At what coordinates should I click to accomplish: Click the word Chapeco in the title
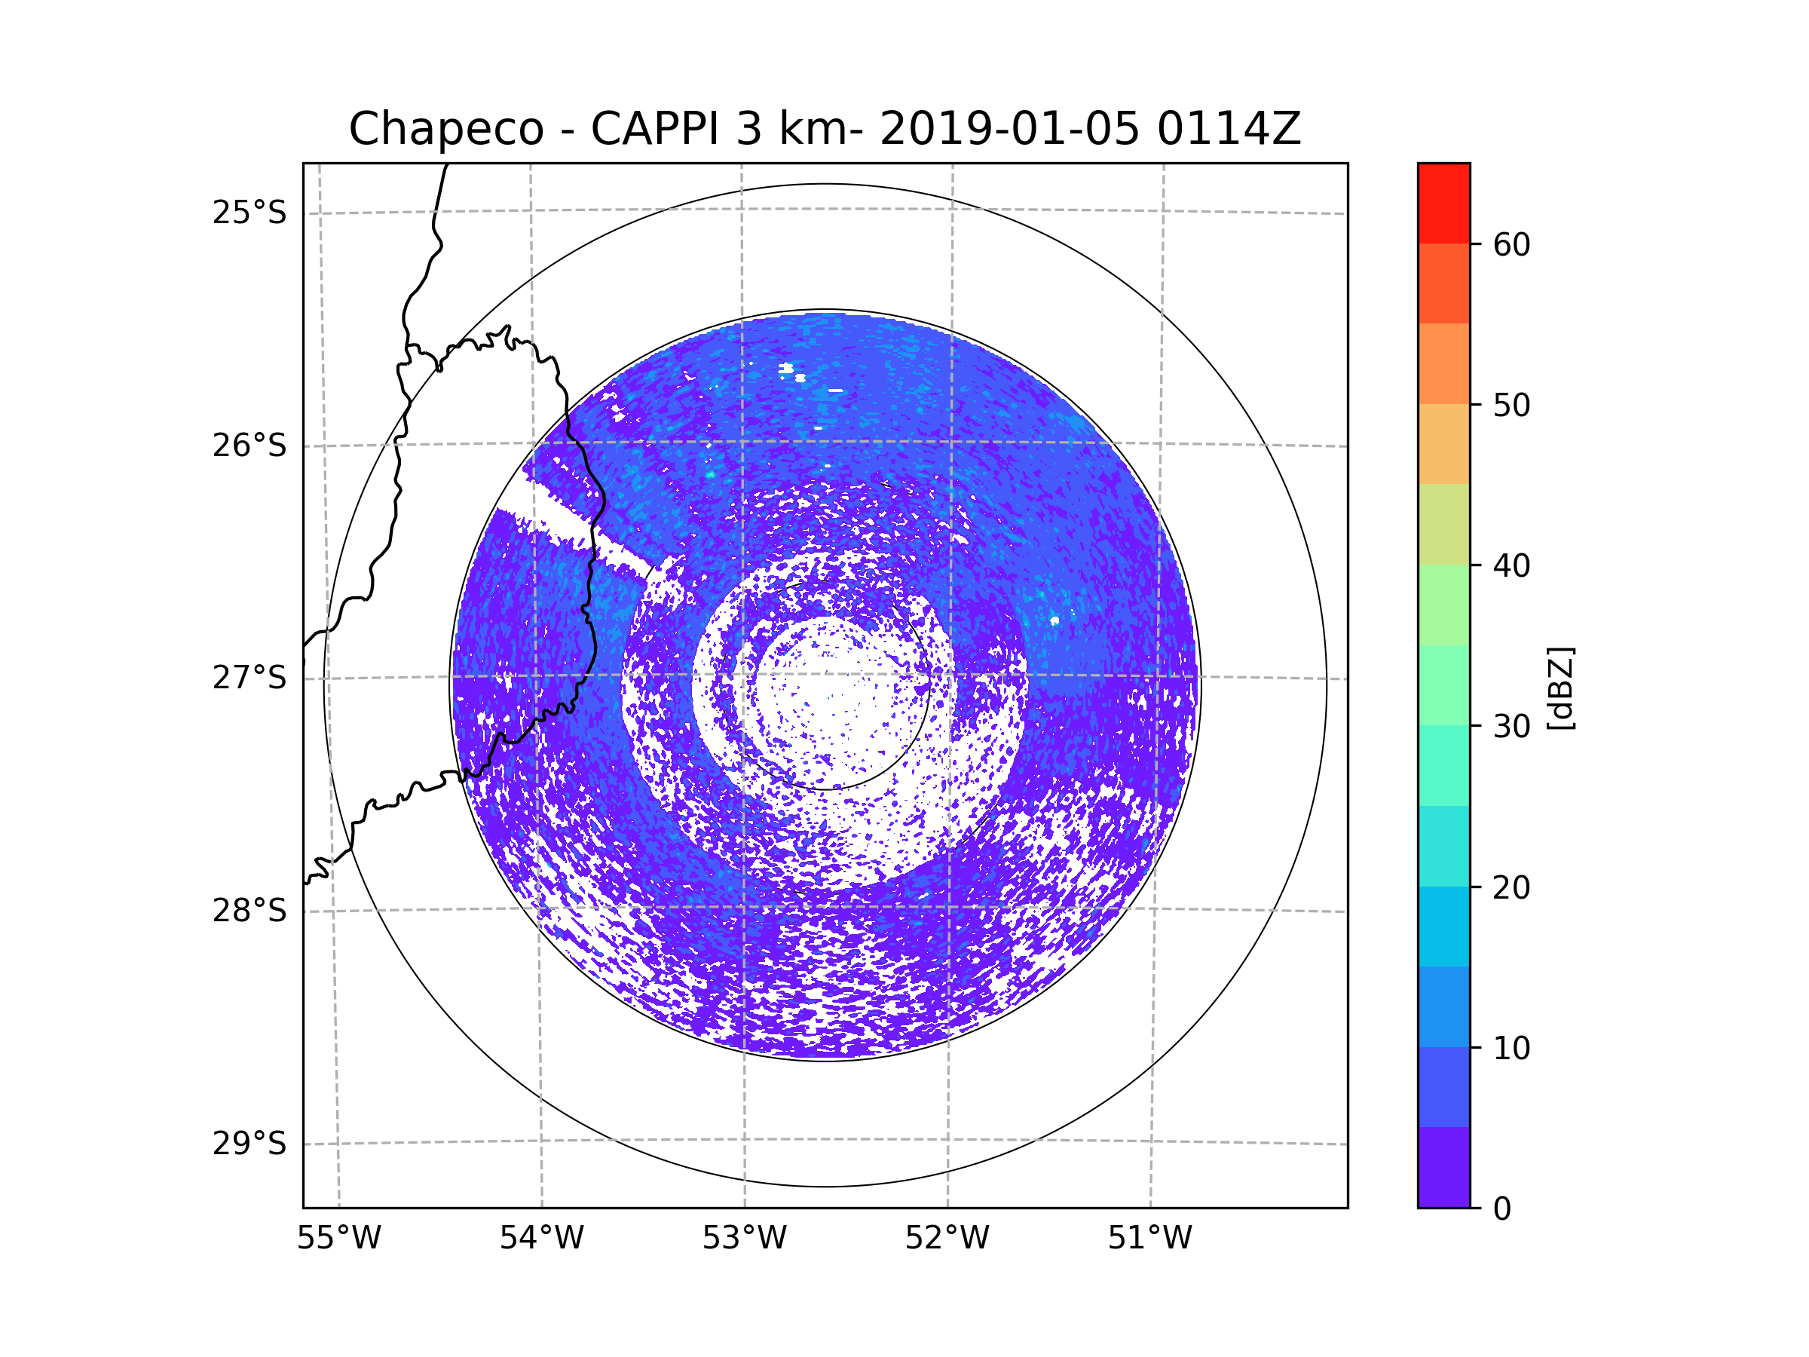click(x=445, y=129)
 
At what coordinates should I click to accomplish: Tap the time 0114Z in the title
click(x=1228, y=129)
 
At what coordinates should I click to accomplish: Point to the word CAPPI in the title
click(x=654, y=129)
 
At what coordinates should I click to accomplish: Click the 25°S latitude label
click(x=249, y=213)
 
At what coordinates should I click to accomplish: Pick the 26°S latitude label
click(x=249, y=446)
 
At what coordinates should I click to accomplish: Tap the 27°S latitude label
click(x=249, y=678)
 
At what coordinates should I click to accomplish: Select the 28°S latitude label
click(x=249, y=911)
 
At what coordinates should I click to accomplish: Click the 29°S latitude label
click(x=249, y=1144)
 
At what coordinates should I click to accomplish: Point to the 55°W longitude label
click(x=338, y=1239)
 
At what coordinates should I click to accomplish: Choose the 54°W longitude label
click(x=541, y=1239)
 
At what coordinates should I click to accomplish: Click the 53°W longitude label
click(x=744, y=1239)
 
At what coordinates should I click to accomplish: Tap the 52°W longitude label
click(x=947, y=1239)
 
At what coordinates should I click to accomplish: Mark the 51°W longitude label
click(x=1149, y=1239)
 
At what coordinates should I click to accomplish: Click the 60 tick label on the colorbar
click(x=1511, y=244)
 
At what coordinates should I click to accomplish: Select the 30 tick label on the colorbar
click(x=1511, y=726)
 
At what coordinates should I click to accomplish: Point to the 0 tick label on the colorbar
click(x=1502, y=1209)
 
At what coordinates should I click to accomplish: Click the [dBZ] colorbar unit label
click(x=1560, y=689)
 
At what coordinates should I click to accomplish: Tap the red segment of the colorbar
click(x=1443, y=203)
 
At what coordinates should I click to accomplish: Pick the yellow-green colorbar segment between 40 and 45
click(x=1443, y=524)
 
